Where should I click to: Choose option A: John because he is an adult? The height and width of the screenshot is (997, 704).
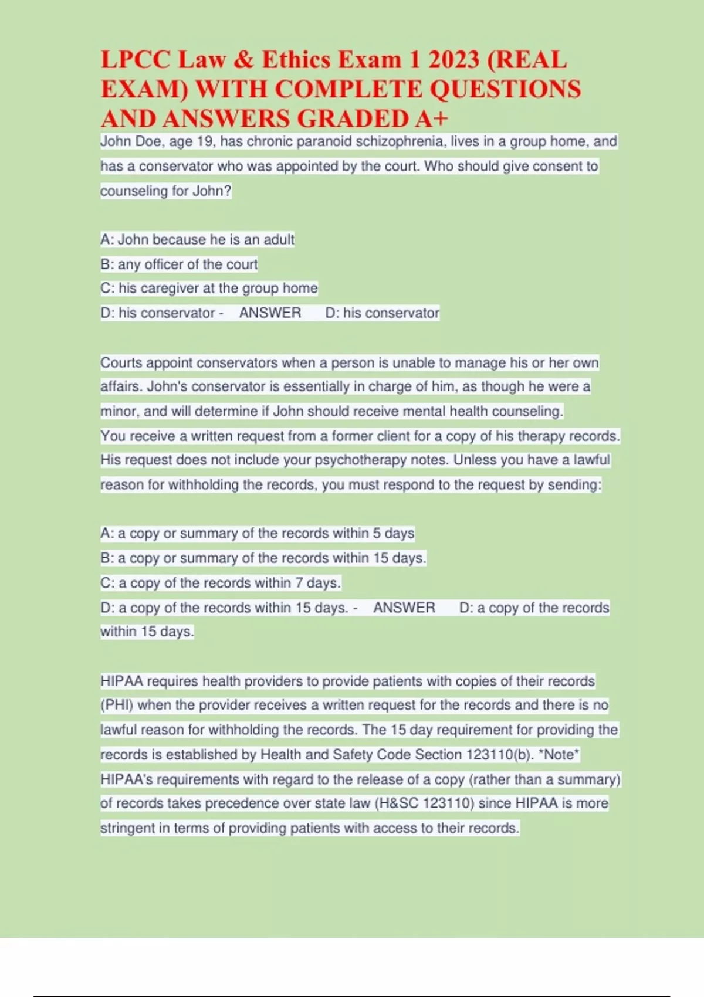[197, 239]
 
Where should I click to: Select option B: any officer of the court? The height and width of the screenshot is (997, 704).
[179, 264]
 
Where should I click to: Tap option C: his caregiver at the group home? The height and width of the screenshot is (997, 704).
[209, 289]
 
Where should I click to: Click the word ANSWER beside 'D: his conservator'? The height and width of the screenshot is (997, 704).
[270, 313]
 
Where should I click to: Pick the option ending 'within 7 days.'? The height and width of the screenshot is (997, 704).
[220, 583]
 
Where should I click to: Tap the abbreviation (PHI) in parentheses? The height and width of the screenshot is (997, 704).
[117, 705]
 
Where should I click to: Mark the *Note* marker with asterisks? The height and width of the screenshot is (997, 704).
[559, 754]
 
